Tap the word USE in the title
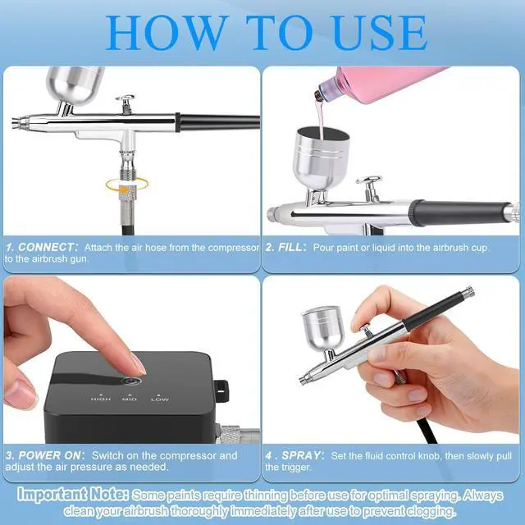[380, 33]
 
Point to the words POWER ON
[52, 455]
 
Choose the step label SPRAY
[303, 455]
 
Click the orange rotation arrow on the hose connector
[127, 185]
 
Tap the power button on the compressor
[131, 381]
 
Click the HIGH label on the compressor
[100, 399]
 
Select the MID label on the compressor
[130, 399]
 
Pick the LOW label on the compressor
[160, 399]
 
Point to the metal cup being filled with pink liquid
[321, 157]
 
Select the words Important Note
[73, 494]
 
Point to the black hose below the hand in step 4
[426, 431]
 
